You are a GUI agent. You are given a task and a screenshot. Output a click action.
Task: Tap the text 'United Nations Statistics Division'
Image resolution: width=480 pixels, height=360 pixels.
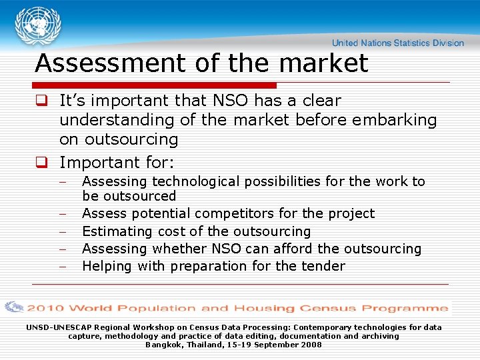point(397,43)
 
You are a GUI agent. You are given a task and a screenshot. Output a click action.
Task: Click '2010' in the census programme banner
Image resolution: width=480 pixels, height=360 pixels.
point(45,308)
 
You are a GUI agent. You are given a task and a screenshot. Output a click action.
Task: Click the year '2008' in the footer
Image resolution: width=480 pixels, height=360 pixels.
point(311,345)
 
